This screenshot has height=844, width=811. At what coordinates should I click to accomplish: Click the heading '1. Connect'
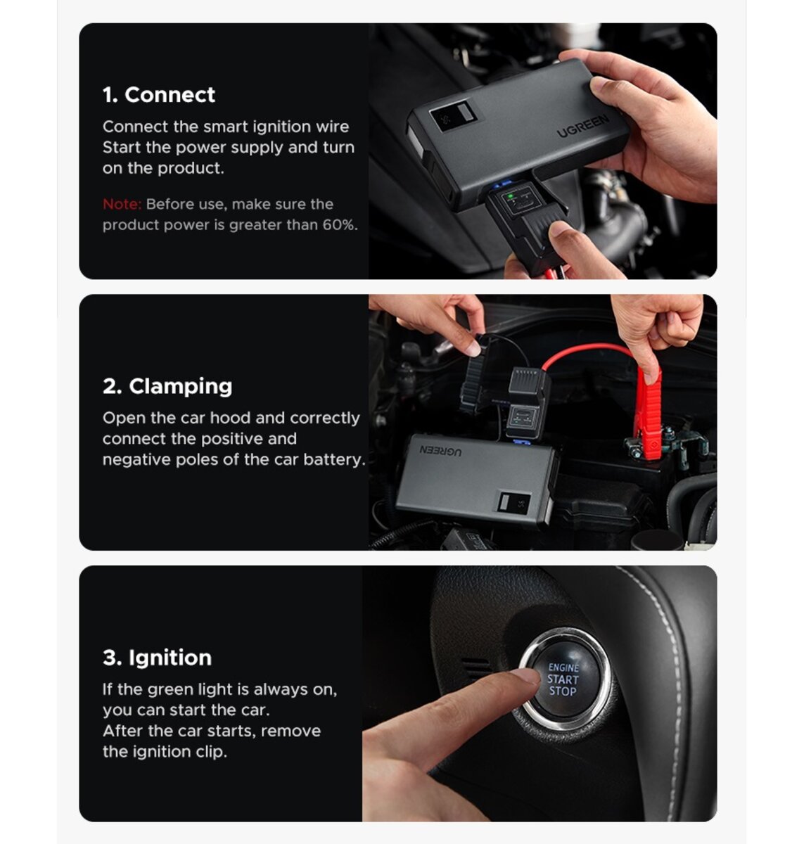click(158, 95)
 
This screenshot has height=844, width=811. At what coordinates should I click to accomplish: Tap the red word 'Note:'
click(122, 205)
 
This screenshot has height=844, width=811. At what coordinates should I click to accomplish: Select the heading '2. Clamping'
click(167, 386)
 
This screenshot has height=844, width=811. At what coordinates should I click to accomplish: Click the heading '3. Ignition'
click(157, 658)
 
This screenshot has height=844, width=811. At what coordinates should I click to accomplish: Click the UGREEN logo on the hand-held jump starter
click(583, 127)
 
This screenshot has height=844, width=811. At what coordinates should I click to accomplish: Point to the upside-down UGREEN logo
click(441, 450)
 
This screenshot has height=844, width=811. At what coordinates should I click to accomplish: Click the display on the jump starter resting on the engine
click(514, 502)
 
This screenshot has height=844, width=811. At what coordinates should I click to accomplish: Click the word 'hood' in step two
click(230, 418)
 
